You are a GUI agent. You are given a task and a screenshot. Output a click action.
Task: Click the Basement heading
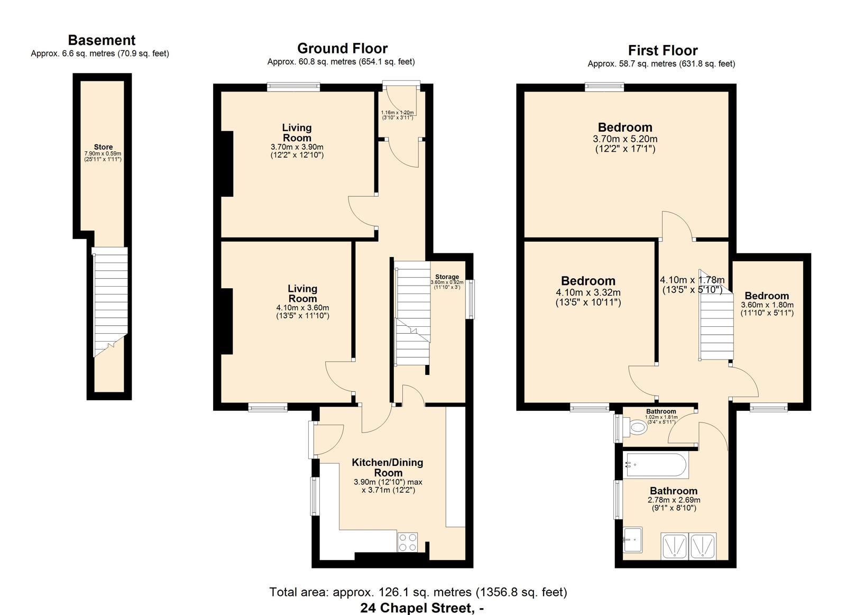[x=102, y=40]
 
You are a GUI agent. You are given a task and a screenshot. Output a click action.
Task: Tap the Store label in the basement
[x=103, y=147]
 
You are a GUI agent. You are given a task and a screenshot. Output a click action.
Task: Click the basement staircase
[x=111, y=301]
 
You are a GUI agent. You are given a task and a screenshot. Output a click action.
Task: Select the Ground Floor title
[x=342, y=49]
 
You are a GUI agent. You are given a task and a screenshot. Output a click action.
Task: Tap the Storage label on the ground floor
[x=447, y=277]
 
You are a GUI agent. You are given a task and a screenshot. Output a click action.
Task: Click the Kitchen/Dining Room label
[x=388, y=467]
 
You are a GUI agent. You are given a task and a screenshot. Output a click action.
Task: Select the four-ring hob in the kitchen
[x=407, y=543]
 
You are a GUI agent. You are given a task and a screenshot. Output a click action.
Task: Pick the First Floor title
[x=663, y=51]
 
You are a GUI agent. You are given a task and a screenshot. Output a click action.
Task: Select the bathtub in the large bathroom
[x=656, y=465]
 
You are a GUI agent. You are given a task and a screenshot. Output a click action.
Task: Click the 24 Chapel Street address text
[x=422, y=608]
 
